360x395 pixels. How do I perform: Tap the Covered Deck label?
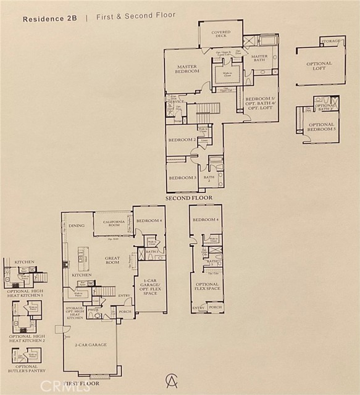221,34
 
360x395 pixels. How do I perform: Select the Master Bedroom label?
187,69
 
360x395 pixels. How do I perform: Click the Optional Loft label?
319,67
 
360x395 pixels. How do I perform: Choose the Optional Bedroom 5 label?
320,128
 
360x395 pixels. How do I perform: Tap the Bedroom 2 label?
182,139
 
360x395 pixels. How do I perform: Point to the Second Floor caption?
188,199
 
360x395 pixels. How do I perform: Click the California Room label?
113,223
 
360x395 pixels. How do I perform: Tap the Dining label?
77,226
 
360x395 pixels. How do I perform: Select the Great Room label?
112,260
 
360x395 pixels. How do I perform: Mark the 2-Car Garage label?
90,345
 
